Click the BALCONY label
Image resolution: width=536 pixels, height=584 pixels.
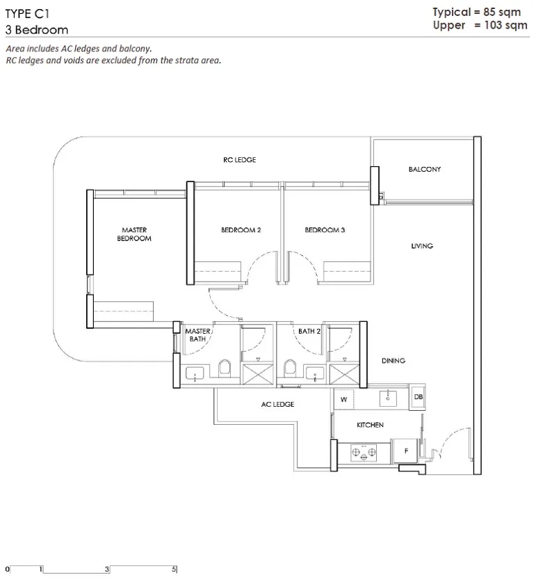pos(424,170)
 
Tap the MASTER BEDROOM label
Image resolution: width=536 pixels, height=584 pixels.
pos(134,234)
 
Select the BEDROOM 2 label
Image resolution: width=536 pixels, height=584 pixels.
pos(241,230)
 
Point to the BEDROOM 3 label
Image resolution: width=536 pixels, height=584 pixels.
pos(325,230)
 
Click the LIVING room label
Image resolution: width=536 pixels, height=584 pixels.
pos(422,246)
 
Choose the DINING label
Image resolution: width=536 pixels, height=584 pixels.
pos(393,361)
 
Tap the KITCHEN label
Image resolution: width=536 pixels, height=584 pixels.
pos(370,425)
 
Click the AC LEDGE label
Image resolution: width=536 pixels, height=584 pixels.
pos(277,404)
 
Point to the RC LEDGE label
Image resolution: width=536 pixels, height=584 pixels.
pos(240,160)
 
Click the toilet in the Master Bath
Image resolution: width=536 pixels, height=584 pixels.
pos(225,368)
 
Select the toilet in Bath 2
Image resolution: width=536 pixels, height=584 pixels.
pos(290,368)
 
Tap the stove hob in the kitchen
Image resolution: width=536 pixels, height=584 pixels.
pos(364,453)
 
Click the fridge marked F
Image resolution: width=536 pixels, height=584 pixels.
pos(405,451)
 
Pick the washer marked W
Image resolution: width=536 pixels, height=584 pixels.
pos(344,399)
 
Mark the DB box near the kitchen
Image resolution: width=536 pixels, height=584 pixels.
pos(418,397)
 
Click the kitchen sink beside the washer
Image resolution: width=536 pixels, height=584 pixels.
pos(388,398)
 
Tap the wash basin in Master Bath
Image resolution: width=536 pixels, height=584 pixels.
pos(195,373)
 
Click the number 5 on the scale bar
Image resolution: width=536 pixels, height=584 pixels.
pos(174,569)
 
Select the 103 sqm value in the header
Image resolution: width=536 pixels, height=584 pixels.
pos(506,25)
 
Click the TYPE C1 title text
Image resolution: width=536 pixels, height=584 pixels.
pos(27,14)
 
